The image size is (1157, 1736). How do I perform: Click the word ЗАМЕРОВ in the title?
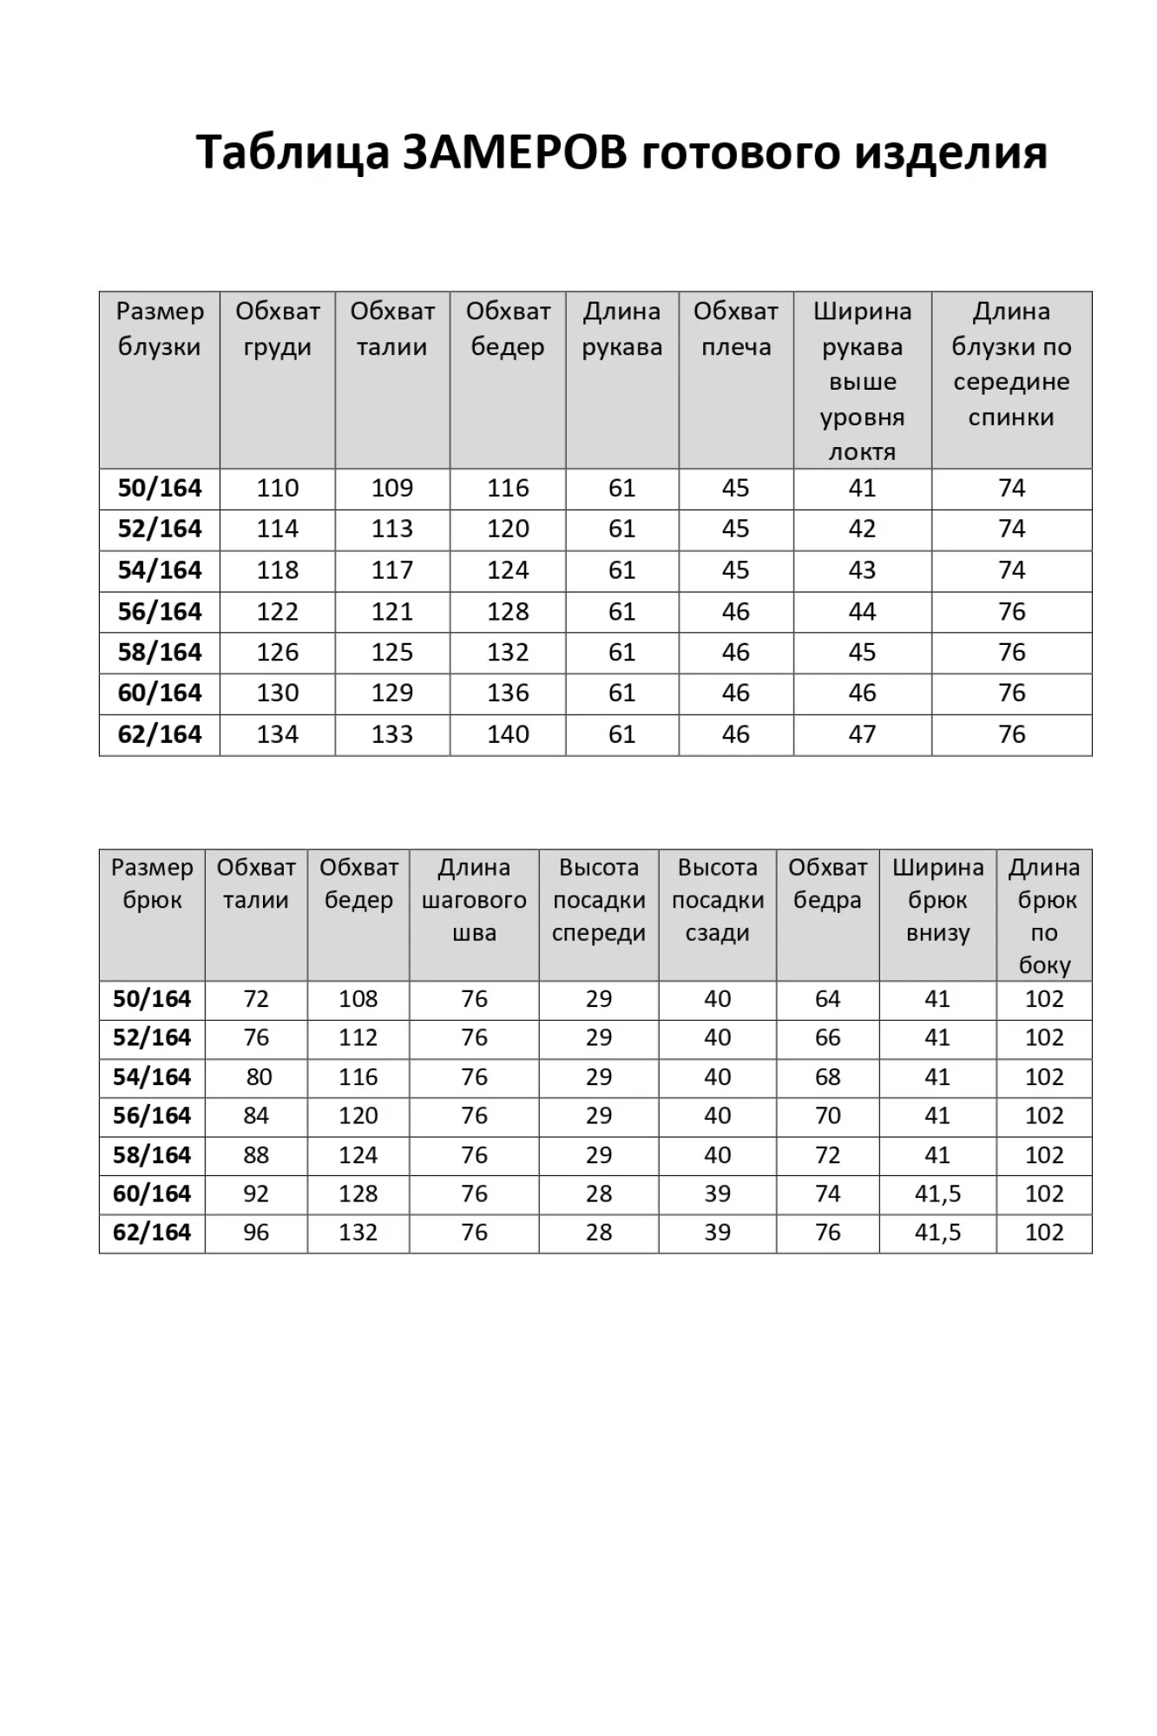514,153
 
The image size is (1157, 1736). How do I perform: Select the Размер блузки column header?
160,329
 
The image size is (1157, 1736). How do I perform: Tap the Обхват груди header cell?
278,329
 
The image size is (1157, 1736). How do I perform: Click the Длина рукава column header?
621,329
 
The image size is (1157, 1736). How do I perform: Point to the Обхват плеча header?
735,329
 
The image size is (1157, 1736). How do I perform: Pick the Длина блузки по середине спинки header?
1011,364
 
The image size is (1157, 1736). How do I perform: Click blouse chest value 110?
278,488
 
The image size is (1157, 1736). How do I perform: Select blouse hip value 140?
508,734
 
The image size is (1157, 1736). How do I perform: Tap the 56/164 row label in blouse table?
160,612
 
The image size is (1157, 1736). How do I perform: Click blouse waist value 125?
392,653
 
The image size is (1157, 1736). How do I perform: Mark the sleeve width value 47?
862,734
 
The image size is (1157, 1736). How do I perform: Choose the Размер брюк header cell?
152,884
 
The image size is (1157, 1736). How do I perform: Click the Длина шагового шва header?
474,900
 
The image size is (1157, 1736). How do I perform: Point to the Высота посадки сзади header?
717,900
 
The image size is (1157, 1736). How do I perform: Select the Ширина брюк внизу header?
937,900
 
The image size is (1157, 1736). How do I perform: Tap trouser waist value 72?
256,999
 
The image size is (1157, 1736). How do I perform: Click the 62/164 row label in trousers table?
152,1233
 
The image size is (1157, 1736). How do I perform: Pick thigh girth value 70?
827,1115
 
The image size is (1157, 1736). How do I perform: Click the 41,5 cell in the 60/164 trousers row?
937,1193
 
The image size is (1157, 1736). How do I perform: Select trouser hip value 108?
358,999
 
